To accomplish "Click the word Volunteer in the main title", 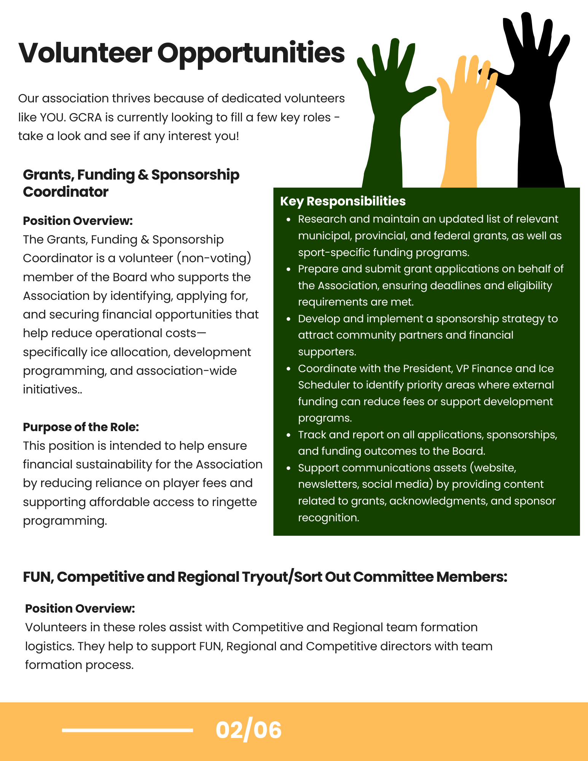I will tap(85, 53).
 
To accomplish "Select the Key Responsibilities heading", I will tap(343, 201).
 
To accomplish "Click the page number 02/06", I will tap(249, 730).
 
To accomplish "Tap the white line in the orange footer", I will tap(127, 730).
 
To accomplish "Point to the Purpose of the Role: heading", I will tap(81, 427).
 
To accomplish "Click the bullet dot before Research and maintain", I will tap(289, 220).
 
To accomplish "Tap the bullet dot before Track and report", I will tap(289, 435).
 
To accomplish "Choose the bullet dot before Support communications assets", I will tap(289, 468).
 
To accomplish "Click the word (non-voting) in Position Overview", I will tap(214, 258).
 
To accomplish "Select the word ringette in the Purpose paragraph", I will tap(234, 502).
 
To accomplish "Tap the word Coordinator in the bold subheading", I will tap(65, 192).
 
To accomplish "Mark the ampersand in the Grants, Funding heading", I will tap(143, 175).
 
